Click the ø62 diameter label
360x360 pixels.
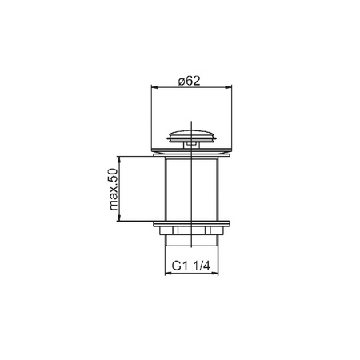click(x=189, y=81)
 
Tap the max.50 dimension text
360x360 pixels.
click(x=114, y=189)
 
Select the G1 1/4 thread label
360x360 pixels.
click(x=191, y=266)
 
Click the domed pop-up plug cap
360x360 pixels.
click(x=191, y=135)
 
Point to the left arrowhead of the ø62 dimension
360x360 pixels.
click(x=154, y=87)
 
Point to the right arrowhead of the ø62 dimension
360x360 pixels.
click(x=229, y=87)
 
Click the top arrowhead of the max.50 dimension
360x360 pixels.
click(x=119, y=160)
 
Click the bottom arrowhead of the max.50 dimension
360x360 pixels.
click(x=119, y=218)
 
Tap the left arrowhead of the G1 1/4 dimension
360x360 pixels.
click(x=169, y=274)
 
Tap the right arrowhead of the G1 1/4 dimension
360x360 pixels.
click(x=215, y=274)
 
